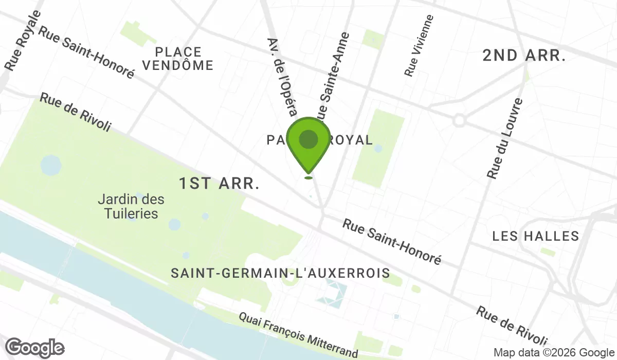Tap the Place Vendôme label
pyautogui.click(x=178, y=59)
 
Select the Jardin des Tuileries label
pyautogui.click(x=131, y=206)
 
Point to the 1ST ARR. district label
pyautogui.click(x=219, y=184)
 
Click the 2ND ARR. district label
pyautogui.click(x=524, y=56)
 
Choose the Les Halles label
pyautogui.click(x=536, y=237)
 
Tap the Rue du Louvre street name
pyautogui.click(x=505, y=139)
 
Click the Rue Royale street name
pyautogui.click(x=22, y=40)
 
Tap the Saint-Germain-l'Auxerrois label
pyautogui.click(x=280, y=273)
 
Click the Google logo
pyautogui.click(x=35, y=348)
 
